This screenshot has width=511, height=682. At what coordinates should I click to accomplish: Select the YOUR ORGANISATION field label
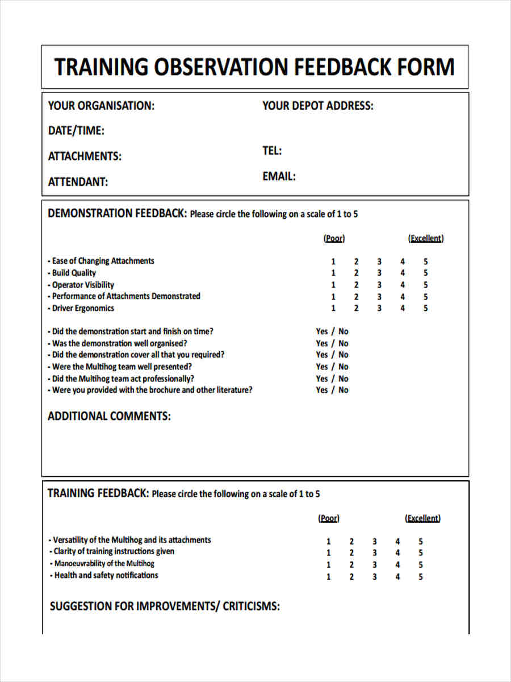click(x=101, y=106)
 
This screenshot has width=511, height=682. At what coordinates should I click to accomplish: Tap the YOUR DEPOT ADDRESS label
click(x=318, y=106)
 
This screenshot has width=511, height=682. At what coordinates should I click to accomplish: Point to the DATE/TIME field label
click(x=76, y=131)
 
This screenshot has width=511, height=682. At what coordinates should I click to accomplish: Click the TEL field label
click(x=272, y=151)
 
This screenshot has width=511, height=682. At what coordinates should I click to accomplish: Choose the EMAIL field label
click(x=279, y=176)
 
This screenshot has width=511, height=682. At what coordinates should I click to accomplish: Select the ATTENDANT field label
click(x=78, y=182)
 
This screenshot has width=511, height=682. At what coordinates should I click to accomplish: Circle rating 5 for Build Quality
click(x=425, y=273)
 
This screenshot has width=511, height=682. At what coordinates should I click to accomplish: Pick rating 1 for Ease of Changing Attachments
click(x=333, y=261)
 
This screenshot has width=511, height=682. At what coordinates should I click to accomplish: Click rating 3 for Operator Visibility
click(x=379, y=285)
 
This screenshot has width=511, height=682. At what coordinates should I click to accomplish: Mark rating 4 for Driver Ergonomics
click(x=403, y=309)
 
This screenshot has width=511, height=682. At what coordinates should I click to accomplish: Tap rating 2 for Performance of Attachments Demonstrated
click(x=356, y=297)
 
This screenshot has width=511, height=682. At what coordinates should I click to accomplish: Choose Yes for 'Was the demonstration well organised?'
click(x=322, y=343)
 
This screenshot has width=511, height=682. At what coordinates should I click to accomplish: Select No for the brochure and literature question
click(x=344, y=390)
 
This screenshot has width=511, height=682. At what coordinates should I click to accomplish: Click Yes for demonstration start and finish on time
click(x=322, y=331)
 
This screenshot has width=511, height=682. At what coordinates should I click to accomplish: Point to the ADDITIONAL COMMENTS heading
click(x=109, y=416)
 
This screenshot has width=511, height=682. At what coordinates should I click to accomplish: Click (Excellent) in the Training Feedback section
click(x=422, y=518)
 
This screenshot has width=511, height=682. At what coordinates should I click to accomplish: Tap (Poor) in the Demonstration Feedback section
click(x=334, y=238)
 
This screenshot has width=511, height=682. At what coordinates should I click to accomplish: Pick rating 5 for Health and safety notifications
click(x=421, y=576)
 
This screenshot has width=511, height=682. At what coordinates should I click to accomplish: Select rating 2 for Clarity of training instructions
click(x=351, y=553)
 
